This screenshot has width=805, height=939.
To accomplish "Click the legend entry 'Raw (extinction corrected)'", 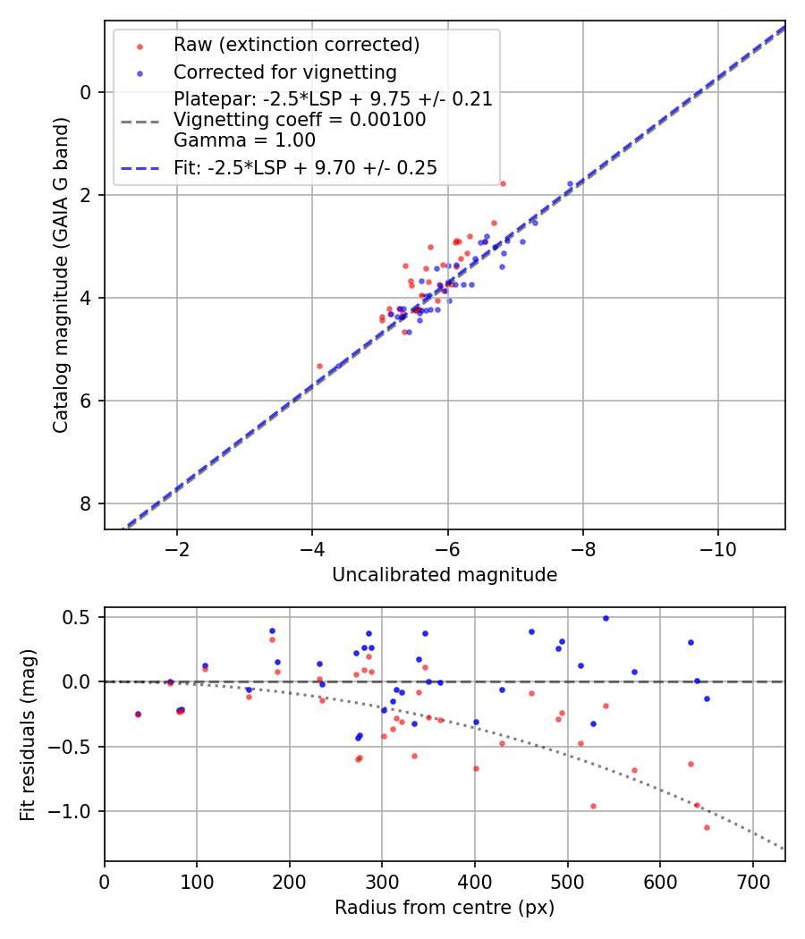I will [296, 45].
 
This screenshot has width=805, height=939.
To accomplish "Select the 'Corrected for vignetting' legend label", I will [284, 72].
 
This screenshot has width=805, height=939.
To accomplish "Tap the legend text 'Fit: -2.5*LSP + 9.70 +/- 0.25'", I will [305, 168].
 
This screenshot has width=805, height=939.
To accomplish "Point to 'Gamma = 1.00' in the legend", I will [244, 140].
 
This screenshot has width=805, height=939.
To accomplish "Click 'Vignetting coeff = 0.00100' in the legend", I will [300, 119].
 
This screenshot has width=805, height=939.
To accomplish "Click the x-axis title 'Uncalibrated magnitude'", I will [445, 575].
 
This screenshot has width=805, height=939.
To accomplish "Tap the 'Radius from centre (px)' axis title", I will [445, 908].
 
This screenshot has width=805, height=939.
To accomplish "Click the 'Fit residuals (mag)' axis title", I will [28, 734].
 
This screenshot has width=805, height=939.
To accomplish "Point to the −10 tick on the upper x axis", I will [718, 548].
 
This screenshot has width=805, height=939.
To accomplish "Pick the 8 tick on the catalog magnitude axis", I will [86, 503].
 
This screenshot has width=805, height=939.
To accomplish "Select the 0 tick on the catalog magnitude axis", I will [86, 92].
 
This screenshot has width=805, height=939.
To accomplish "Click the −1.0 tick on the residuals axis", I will [74, 811].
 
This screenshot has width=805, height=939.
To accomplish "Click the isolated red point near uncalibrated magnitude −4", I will [319, 366].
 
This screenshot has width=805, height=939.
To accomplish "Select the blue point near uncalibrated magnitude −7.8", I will [570, 183].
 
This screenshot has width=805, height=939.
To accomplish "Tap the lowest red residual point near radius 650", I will [707, 827].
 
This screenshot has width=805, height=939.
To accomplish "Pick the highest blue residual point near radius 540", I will [606, 618].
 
